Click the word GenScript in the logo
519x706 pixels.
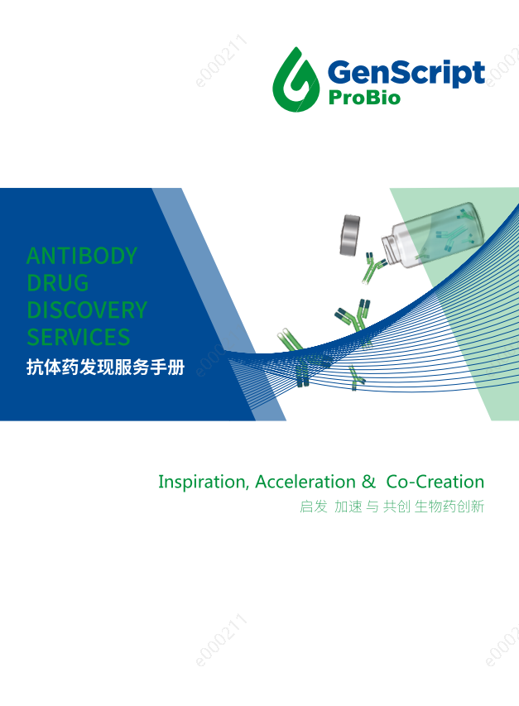406,73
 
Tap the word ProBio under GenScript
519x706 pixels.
364,98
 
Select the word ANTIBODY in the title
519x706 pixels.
81,256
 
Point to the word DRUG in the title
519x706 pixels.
58,283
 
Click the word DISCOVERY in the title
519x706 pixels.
87,310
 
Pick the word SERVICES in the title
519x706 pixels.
79,337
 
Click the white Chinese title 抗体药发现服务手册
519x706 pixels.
105,367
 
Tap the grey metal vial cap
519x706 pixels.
350,234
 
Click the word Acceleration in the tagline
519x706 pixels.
305,482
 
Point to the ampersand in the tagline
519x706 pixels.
368,482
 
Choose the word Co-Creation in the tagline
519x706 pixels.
435,482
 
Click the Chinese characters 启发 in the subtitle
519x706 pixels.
313,507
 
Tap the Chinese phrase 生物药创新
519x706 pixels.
449,507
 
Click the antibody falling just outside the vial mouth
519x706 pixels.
372,268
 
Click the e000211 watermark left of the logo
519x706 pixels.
222,60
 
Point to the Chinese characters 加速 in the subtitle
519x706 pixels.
348,507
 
